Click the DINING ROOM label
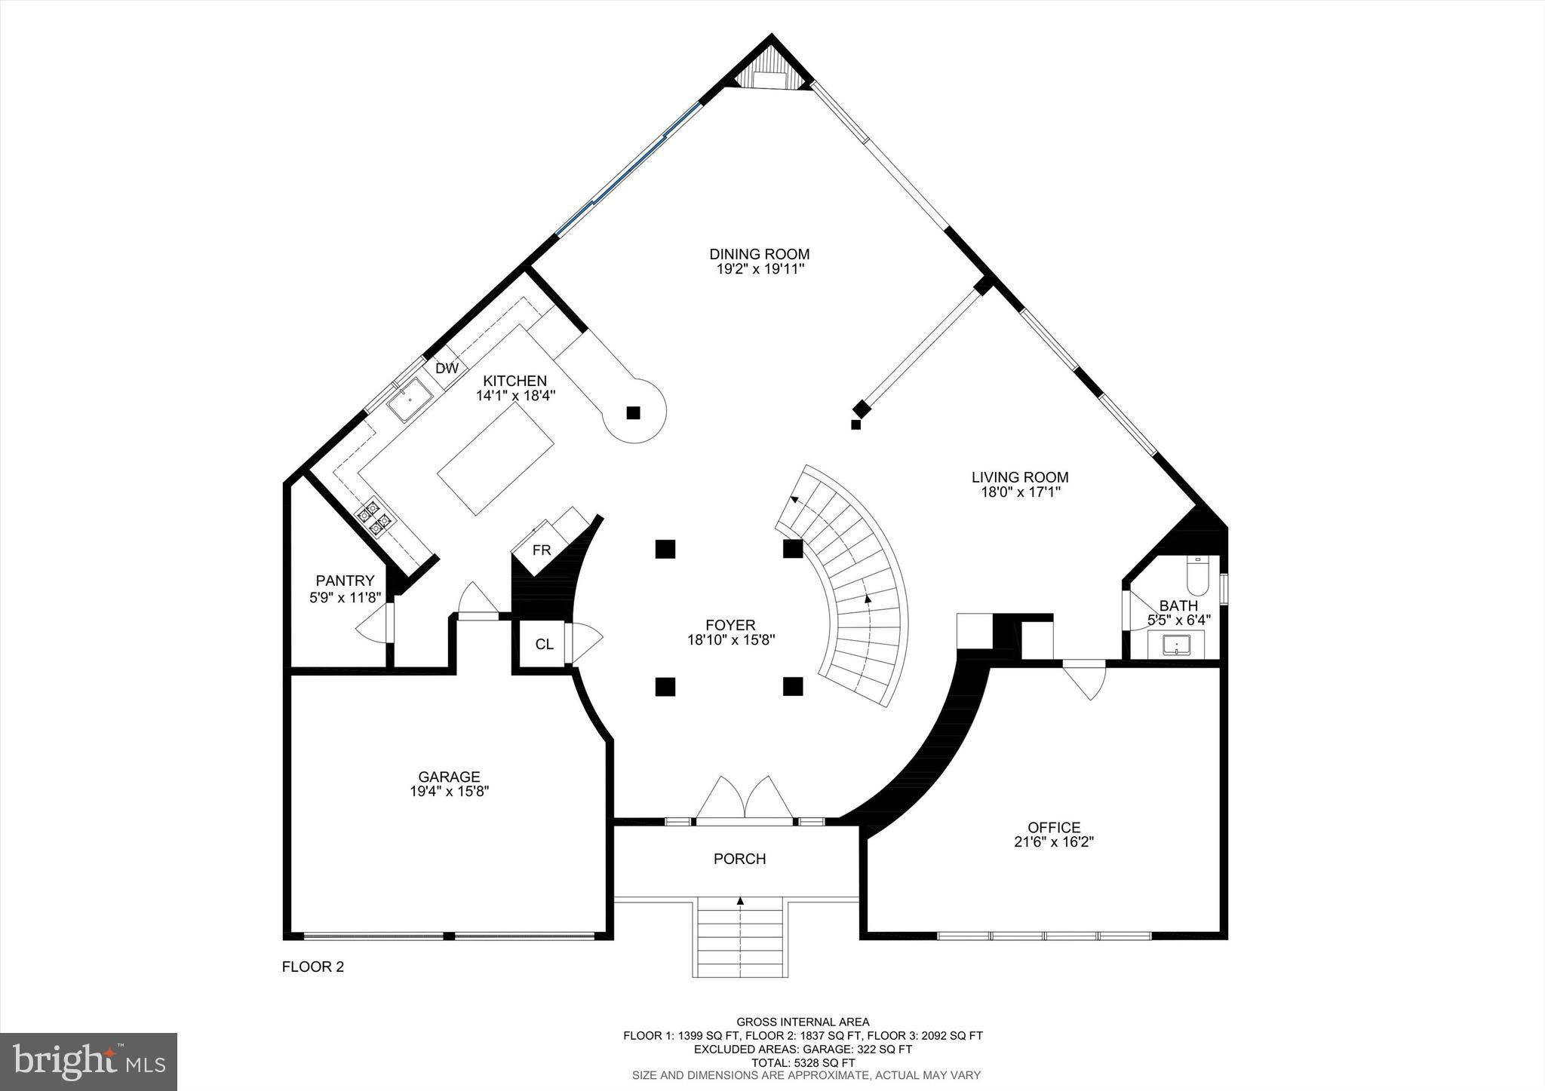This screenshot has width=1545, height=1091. pyautogui.click(x=759, y=254)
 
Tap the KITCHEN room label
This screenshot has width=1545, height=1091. pyautogui.click(x=515, y=381)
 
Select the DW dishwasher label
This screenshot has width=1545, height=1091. pyautogui.click(x=447, y=369)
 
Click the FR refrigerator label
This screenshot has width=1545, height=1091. pyautogui.click(x=542, y=550)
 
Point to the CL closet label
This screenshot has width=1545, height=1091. pyautogui.click(x=544, y=645)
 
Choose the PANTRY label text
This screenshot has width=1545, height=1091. pyautogui.click(x=345, y=581)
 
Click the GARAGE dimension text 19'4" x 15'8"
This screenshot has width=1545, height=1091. pyautogui.click(x=450, y=791)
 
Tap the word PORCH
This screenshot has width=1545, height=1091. pyautogui.click(x=740, y=859)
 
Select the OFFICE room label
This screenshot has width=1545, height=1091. pyautogui.click(x=1054, y=827)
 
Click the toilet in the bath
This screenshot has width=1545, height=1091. pyautogui.click(x=1198, y=577)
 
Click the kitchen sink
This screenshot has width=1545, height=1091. pyautogui.click(x=409, y=402)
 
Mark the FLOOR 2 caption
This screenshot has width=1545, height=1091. pyautogui.click(x=313, y=967)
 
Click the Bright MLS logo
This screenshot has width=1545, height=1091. pyautogui.click(x=89, y=1062)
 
